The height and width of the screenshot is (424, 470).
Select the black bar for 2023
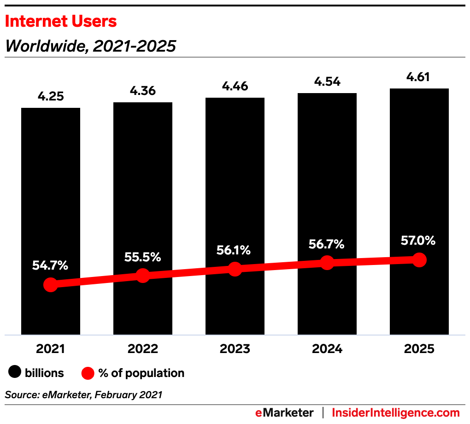pos(235,184)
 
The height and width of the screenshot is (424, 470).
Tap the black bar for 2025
pos(419,175)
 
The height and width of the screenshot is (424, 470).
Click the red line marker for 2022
pos(143,276)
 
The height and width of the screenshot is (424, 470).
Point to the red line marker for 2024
pos(327,263)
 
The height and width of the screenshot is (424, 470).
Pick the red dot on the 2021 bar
pos(51,284)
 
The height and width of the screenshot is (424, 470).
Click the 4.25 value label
pos(51,97)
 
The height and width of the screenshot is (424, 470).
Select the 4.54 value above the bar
pos(327,82)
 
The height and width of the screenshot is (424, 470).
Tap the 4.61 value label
pos(419,77)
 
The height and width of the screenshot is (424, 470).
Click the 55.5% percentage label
pos(143,257)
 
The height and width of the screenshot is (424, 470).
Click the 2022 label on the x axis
pos(143,349)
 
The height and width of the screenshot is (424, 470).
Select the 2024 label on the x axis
pos(327,349)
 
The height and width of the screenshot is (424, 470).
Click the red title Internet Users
pos(61,21)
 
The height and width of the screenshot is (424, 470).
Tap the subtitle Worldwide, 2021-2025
pos(90,46)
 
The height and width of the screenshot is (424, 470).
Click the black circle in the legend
pos(16,373)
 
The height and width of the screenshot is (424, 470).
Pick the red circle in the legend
pos(87,373)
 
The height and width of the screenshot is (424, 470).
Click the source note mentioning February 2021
pos(83,395)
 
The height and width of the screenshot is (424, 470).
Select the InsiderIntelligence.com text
pos(396,412)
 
